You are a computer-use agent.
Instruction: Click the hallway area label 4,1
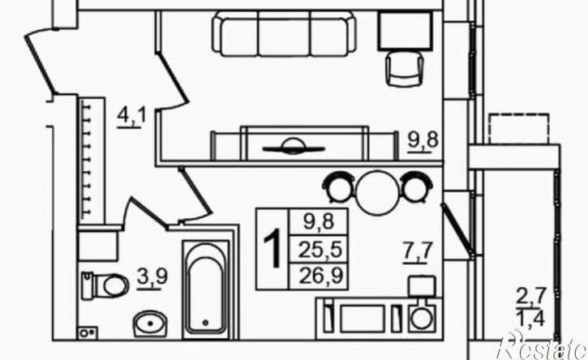(131, 117)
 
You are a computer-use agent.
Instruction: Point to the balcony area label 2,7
(531, 298)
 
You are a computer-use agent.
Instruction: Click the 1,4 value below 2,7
(531, 319)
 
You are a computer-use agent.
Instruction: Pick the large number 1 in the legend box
(273, 249)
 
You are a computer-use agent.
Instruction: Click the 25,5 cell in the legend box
(320, 250)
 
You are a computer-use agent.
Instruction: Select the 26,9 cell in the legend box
(321, 276)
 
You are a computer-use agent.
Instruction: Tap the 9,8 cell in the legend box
(319, 222)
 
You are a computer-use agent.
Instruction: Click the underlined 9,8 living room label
(423, 142)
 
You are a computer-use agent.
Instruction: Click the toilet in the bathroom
(105, 285)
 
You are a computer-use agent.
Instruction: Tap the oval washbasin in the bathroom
(150, 324)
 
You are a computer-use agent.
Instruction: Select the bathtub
(206, 290)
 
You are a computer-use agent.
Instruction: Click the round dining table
(378, 192)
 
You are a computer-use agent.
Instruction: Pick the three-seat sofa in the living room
(284, 34)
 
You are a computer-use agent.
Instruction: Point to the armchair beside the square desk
(405, 69)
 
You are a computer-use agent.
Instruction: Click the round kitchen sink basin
(422, 319)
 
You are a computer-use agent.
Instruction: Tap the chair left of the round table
(338, 186)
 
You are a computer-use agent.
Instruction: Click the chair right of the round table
(417, 186)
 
